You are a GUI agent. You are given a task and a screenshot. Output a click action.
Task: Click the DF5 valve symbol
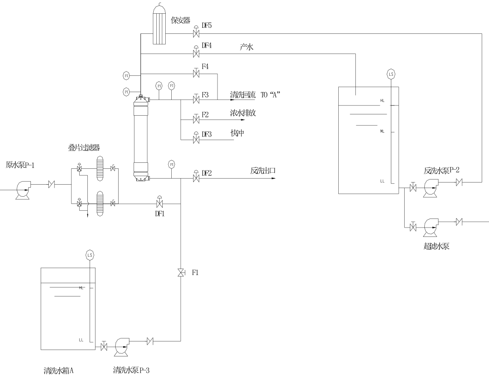click(196, 33)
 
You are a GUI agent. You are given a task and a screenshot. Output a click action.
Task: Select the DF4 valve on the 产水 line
click(196, 54)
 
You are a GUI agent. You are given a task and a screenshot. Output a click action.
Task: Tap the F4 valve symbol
click(196, 74)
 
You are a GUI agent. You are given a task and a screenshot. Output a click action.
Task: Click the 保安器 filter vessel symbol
click(160, 27)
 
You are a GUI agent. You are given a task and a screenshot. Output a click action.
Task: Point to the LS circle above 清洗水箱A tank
click(90, 255)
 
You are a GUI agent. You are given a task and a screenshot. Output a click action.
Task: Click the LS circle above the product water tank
click(391, 74)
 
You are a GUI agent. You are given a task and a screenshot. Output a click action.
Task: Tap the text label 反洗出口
click(262, 171)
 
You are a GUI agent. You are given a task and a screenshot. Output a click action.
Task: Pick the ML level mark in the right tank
click(382, 131)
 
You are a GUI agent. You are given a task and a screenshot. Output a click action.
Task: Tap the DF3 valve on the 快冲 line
click(196, 140)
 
